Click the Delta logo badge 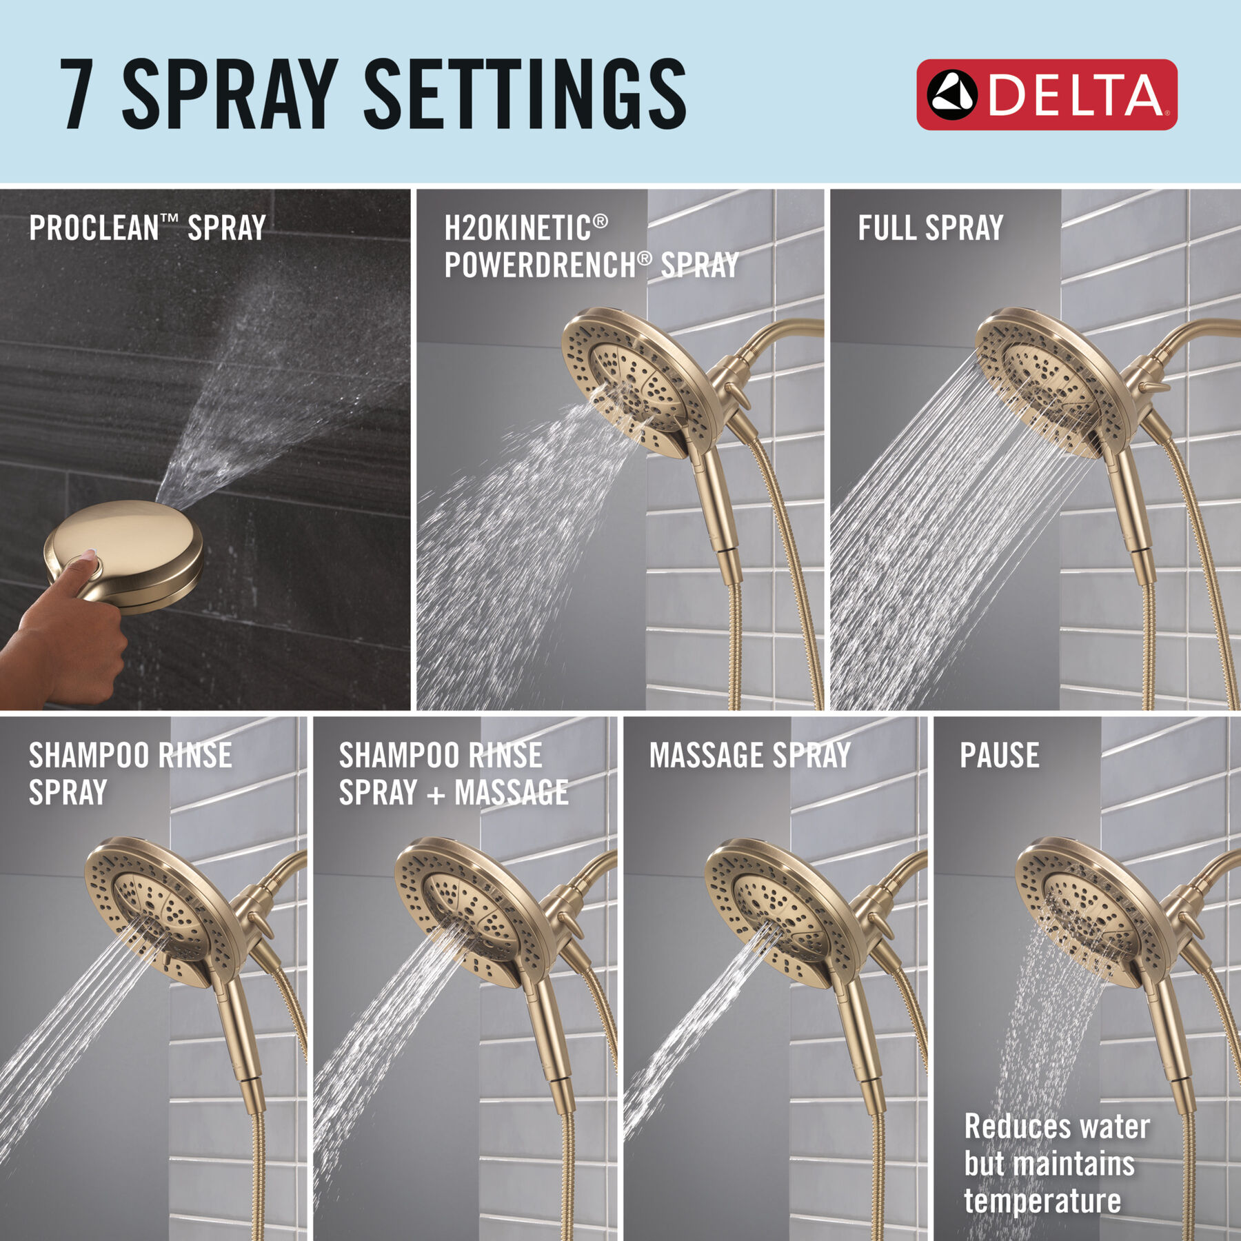(1046, 94)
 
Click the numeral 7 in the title (77, 94)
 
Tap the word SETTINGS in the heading (524, 94)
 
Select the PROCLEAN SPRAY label (147, 228)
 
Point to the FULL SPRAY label (930, 228)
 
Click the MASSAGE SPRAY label (749, 756)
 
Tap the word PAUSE (999, 756)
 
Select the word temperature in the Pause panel (1042, 1200)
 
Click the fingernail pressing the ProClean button (88, 553)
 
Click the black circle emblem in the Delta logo (952, 94)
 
